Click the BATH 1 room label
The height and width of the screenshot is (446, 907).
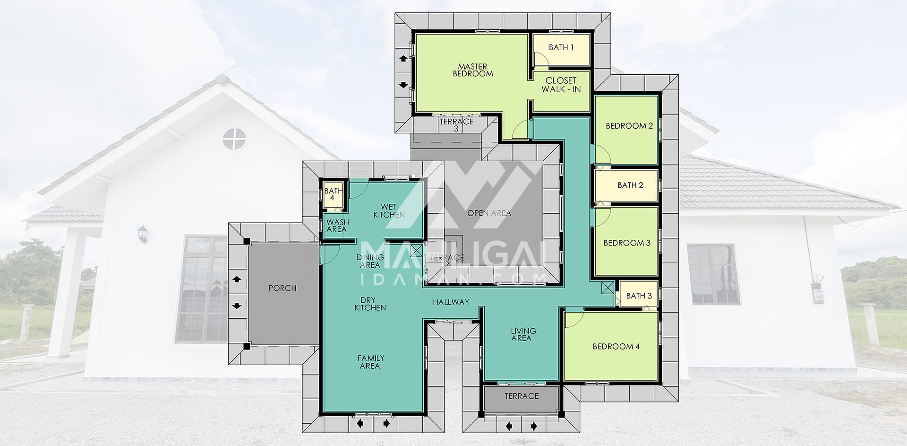(x=561, y=47)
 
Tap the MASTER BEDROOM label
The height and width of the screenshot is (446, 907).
(x=472, y=70)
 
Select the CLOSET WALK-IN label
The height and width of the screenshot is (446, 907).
(x=561, y=85)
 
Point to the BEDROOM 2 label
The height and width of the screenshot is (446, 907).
(x=629, y=126)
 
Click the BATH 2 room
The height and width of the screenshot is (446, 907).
(x=626, y=185)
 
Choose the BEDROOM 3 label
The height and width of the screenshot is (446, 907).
(x=627, y=243)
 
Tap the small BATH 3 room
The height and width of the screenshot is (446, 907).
(x=639, y=296)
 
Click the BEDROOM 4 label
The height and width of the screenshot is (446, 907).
(x=616, y=347)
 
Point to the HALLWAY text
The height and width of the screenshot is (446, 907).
(x=451, y=302)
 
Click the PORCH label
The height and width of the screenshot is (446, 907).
(x=282, y=288)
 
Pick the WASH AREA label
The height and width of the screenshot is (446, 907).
(x=337, y=226)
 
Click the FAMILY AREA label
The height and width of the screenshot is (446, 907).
(x=370, y=362)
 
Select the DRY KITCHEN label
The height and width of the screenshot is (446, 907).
(x=370, y=304)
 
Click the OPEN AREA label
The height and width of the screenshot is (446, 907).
(x=489, y=213)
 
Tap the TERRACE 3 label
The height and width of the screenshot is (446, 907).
(x=456, y=125)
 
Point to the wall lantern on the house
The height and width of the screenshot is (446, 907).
(x=142, y=234)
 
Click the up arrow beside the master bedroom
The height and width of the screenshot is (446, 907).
(x=403, y=59)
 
